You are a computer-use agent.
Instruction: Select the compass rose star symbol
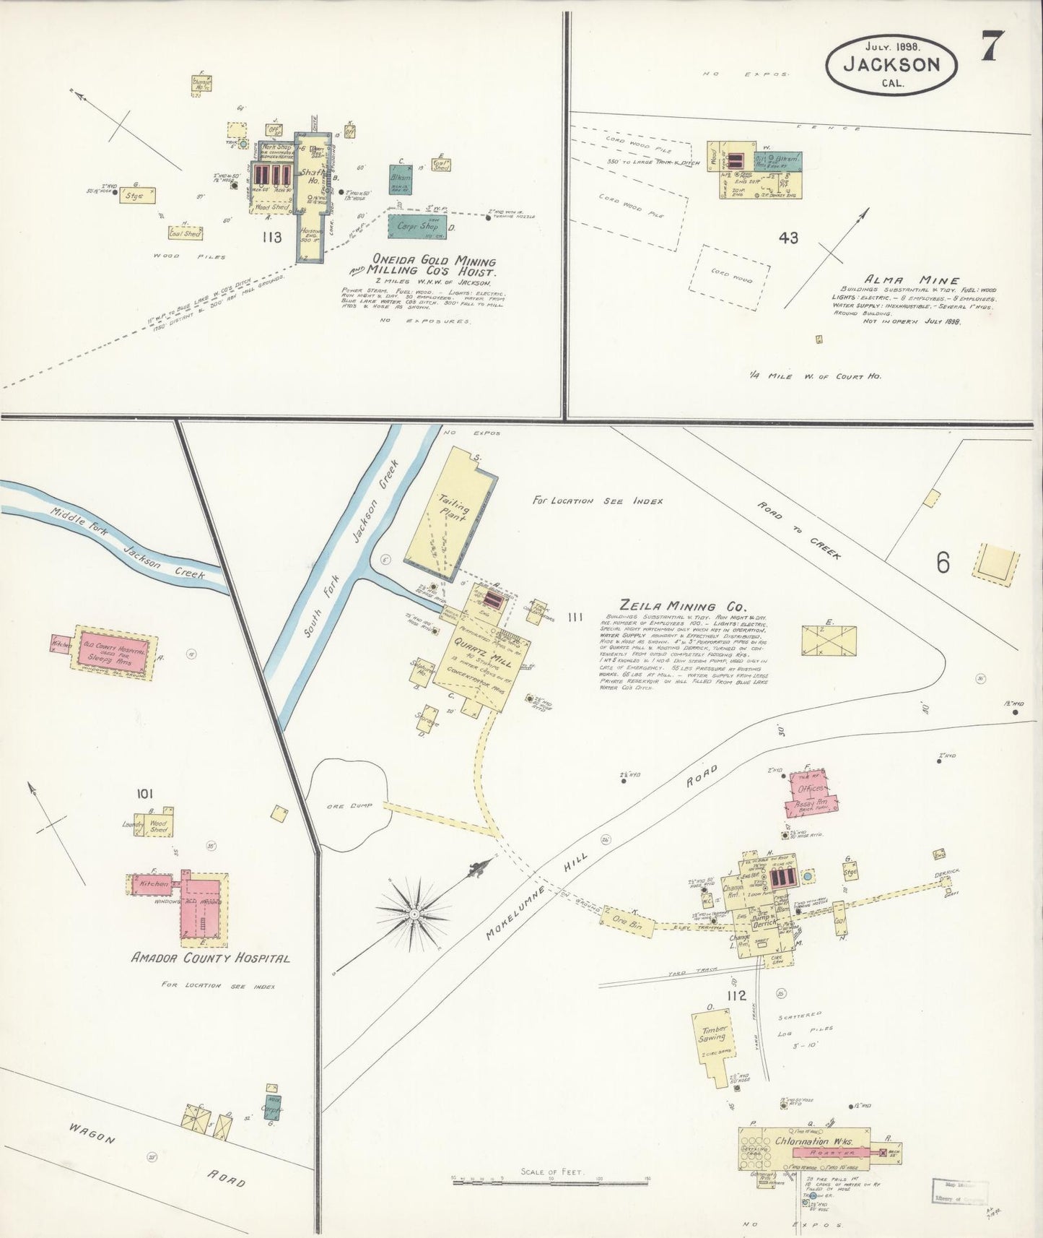click(414, 914)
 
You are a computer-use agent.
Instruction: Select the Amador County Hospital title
click(211, 958)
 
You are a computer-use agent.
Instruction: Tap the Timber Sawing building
click(712, 1034)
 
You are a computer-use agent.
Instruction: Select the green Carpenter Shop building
click(417, 226)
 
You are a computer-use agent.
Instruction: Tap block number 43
click(789, 237)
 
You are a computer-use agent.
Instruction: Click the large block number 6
click(943, 563)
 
